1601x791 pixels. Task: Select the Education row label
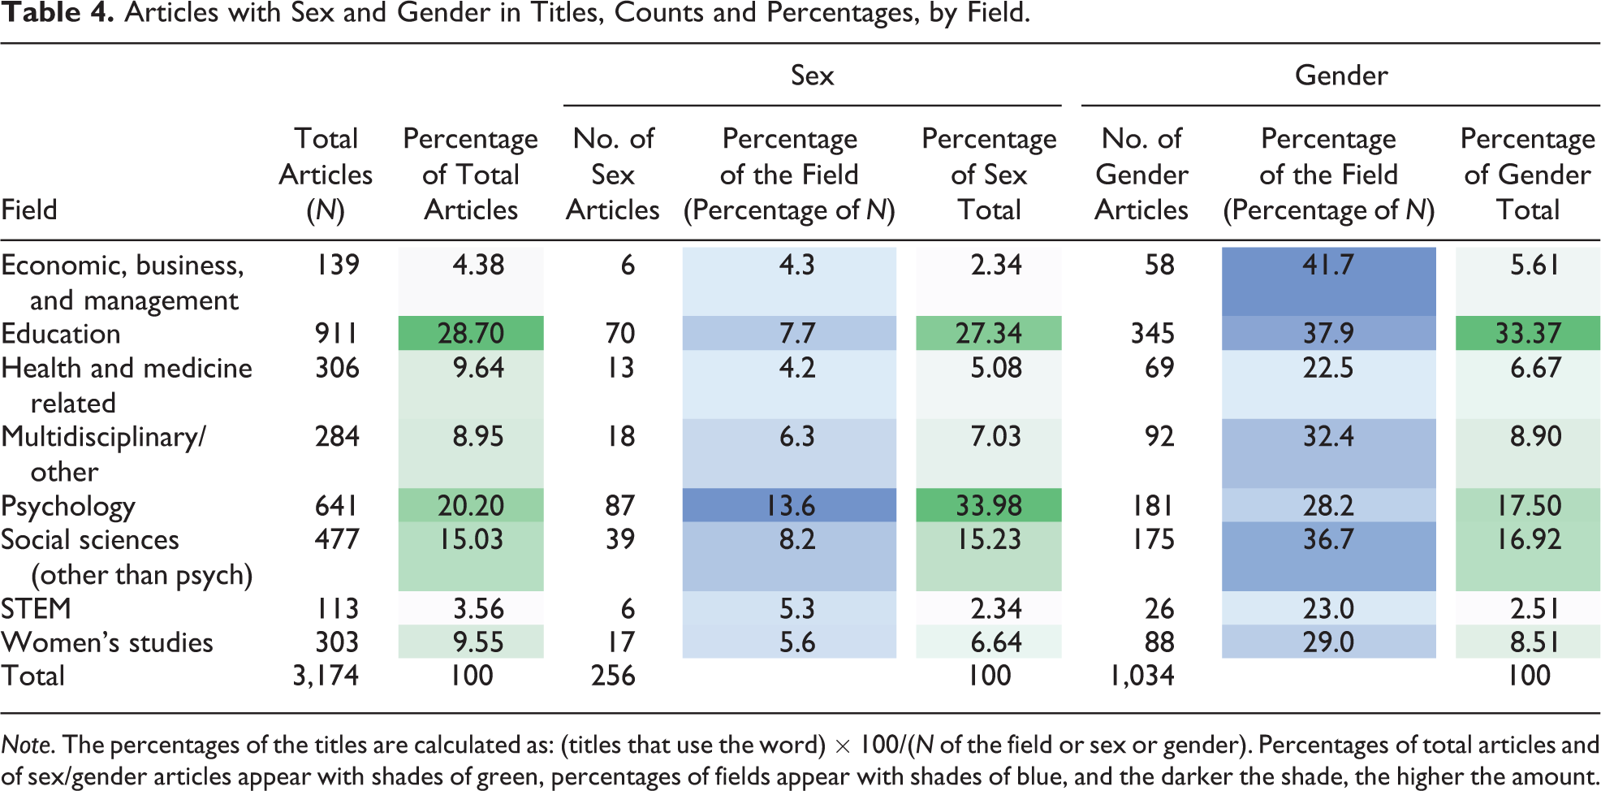[x=61, y=334]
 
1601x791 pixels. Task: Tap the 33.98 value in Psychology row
[x=988, y=506]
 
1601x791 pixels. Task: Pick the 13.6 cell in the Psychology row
[x=790, y=506]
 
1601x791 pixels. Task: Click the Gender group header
[x=1341, y=76]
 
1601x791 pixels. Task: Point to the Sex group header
[x=812, y=76]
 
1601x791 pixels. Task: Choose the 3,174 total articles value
[x=326, y=676]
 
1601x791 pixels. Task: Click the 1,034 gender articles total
[x=1141, y=676]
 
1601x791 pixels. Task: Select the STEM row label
[x=37, y=609]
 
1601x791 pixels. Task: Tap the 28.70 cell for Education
[x=471, y=334]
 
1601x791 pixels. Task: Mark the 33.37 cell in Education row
[x=1528, y=334]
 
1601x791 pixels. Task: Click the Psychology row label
[x=68, y=507]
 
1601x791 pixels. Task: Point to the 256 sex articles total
[x=613, y=676]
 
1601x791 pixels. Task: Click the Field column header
[x=29, y=210]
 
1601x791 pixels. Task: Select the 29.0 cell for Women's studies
[x=1328, y=642]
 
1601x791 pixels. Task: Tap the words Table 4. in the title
[x=58, y=14]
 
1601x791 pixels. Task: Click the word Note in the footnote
[x=28, y=745]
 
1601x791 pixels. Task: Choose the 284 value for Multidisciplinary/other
[x=337, y=437]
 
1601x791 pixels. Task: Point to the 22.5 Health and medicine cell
[x=1328, y=369]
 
